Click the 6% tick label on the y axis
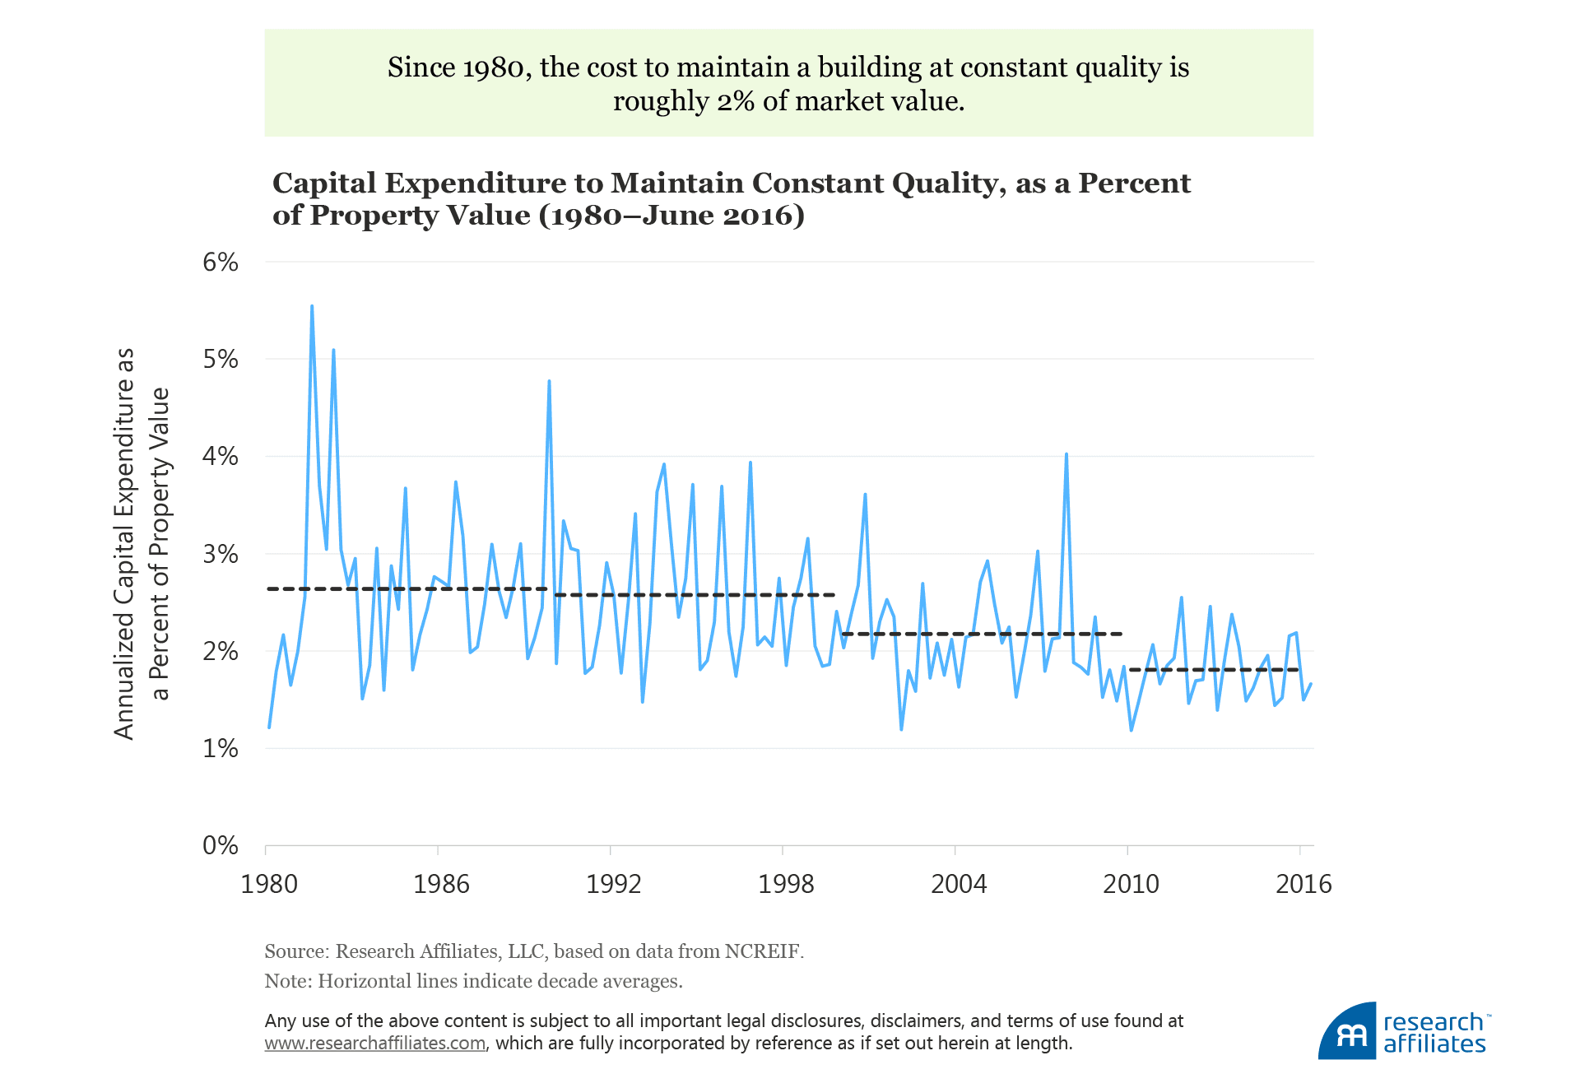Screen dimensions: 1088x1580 click(220, 263)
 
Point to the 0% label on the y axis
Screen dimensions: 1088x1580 click(220, 845)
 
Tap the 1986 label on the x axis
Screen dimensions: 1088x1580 click(441, 884)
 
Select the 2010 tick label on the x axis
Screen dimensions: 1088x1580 click(1131, 884)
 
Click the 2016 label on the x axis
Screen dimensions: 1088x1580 click(1303, 884)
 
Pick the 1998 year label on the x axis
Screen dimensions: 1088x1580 click(786, 884)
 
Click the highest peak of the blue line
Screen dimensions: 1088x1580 click(312, 306)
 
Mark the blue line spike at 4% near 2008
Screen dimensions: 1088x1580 click(1066, 454)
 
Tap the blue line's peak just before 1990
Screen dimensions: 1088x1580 click(549, 381)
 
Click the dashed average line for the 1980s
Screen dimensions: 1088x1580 click(407, 588)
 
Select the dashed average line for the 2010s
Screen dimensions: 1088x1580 click(1214, 670)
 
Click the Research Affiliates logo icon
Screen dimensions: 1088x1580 click(1347, 1031)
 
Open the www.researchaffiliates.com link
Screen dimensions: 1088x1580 click(374, 1044)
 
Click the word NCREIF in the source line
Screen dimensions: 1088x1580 click(761, 951)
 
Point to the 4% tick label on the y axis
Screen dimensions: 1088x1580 click(220, 456)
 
